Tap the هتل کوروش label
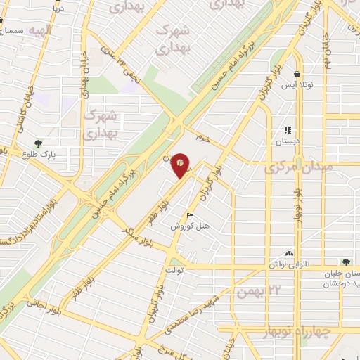pos(186,226)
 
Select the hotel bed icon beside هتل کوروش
pos(190,215)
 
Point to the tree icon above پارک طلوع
pos(48,142)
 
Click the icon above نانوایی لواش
pos(289,253)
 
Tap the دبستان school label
pos(287,141)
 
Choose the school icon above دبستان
pos(287,130)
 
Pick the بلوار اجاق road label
pos(43,304)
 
